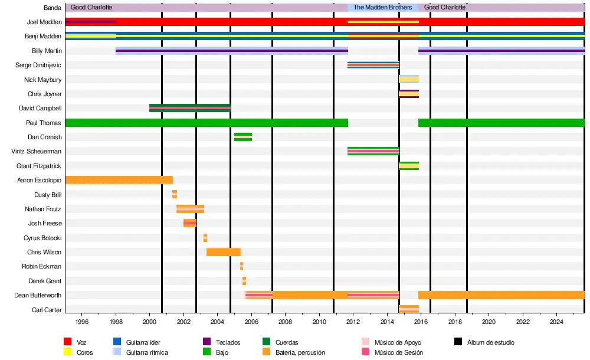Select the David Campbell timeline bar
[189, 108]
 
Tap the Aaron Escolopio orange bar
[119, 180]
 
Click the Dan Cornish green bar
[242, 137]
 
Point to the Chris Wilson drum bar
[223, 252]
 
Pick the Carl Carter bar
[408, 309]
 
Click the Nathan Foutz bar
[190, 209]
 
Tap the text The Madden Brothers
[382, 8]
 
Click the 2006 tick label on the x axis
[251, 322]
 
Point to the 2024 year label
[556, 322]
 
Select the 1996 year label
[82, 322]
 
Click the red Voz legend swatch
[67, 342]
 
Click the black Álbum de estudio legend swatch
[458, 342]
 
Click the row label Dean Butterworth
[38, 295]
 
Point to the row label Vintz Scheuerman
[37, 151]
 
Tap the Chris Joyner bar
[408, 94]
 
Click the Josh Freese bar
[189, 223]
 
